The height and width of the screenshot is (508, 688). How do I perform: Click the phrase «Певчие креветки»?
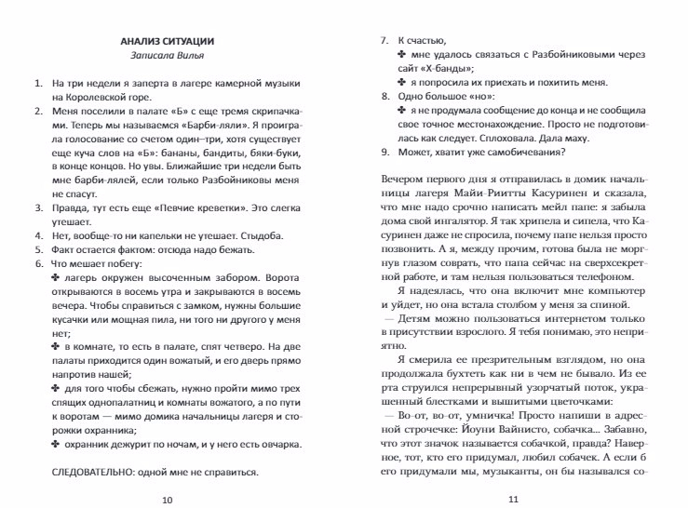174,209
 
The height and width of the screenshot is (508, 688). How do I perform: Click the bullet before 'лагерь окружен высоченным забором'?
55,279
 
